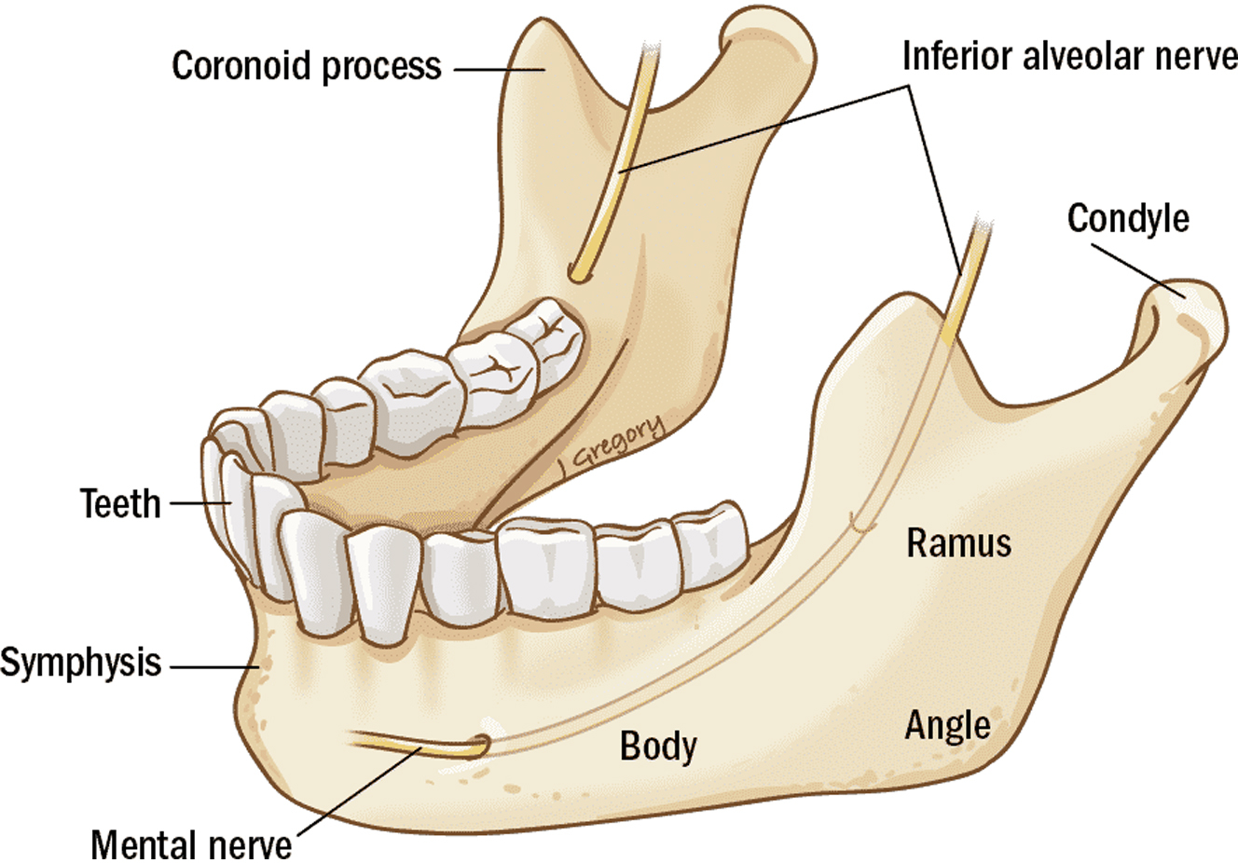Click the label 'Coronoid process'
pos(306,66)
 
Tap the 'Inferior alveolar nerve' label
pos(1068,57)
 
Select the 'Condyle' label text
pos(1128,218)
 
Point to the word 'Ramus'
pos(958,542)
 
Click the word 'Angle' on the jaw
pos(947,725)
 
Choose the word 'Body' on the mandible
pos(658,746)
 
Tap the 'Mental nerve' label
pos(191,844)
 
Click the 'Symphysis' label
pos(81,664)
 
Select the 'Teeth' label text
pos(120,503)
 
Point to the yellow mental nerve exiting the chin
pos(410,744)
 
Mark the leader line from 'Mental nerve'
pos(354,793)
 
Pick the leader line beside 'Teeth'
pos(199,503)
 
